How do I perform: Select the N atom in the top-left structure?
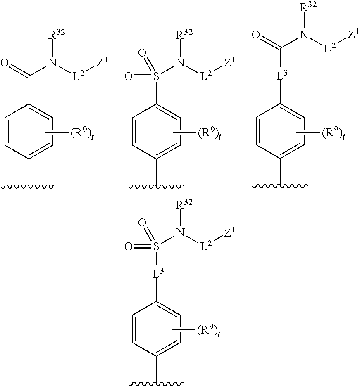[x=52, y=63]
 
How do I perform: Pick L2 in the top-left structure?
[x=78, y=77]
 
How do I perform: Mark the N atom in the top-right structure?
[x=305, y=37]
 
